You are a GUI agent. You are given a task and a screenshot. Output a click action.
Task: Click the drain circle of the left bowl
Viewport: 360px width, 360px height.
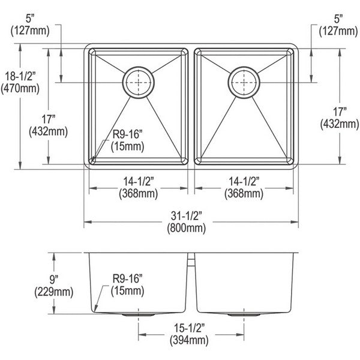point(138,67)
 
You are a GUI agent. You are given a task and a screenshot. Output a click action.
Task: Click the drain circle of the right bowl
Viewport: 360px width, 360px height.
point(244,67)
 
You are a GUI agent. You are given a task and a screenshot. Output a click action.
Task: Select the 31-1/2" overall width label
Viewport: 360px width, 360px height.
point(187,215)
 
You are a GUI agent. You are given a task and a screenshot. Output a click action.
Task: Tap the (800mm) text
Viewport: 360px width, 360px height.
point(187,228)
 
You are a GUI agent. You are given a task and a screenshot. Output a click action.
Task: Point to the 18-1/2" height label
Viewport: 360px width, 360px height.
point(20,76)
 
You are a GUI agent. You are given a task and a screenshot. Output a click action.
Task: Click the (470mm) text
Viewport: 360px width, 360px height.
point(20,88)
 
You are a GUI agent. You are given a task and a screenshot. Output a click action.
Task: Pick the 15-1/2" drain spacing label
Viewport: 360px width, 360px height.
point(189,328)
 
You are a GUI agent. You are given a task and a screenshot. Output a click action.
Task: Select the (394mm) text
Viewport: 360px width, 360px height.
point(189,340)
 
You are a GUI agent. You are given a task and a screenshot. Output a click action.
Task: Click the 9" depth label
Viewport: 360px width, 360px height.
point(54,279)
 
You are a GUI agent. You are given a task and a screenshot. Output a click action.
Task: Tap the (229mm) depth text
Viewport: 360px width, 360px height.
point(54,292)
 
